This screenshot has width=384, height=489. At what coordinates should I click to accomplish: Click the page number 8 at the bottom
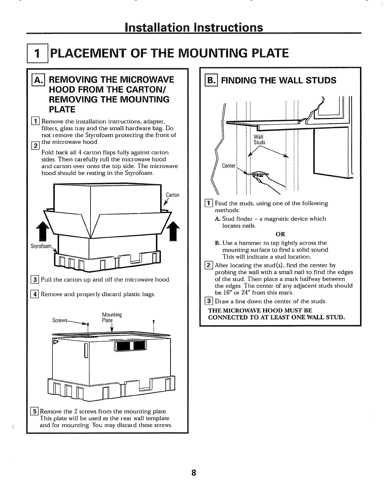[194, 472]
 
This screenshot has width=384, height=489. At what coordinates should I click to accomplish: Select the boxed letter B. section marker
[210, 80]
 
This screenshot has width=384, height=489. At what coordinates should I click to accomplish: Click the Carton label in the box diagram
[173, 195]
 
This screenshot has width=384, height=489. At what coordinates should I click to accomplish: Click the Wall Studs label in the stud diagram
[259, 140]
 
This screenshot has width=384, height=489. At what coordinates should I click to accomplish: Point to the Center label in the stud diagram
[229, 166]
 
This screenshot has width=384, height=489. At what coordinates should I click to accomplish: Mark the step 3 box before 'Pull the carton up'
[35, 280]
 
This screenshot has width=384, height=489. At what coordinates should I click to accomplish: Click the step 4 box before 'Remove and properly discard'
[35, 294]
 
